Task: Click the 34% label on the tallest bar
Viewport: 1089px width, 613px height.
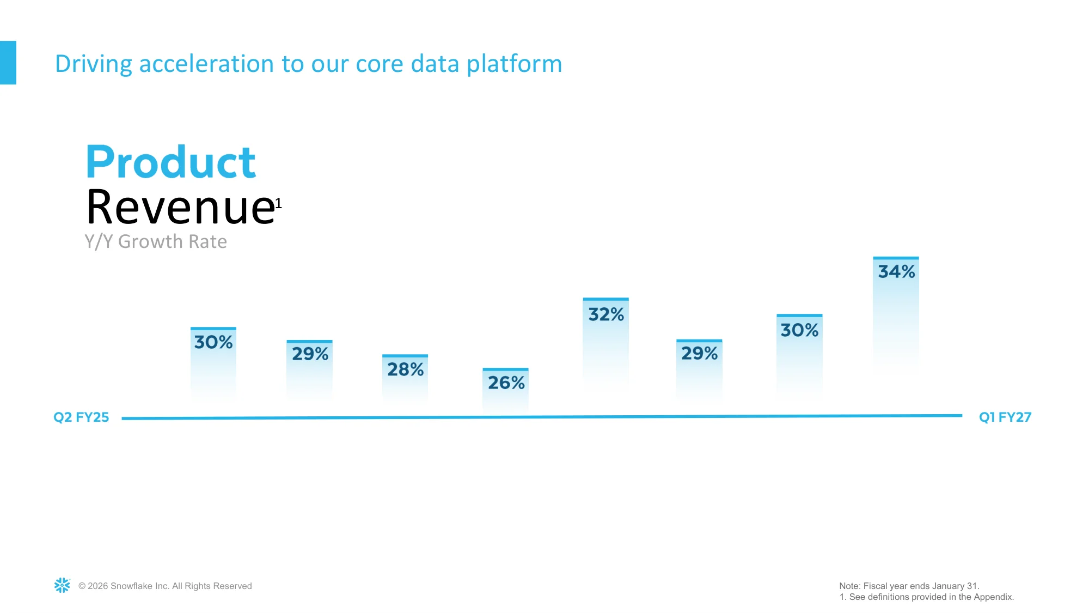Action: (x=896, y=271)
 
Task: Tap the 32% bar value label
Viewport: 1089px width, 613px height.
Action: (x=606, y=314)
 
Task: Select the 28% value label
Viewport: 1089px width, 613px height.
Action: (x=405, y=369)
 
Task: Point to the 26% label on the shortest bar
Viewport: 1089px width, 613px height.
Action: (x=506, y=383)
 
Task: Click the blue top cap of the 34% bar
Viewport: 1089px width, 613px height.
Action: (x=896, y=258)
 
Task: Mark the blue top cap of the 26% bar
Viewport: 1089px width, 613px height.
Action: (x=505, y=369)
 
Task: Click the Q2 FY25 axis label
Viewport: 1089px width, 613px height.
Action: (x=81, y=417)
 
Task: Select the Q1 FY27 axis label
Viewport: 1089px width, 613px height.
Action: (x=1005, y=417)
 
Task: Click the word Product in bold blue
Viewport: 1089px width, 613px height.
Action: (x=171, y=162)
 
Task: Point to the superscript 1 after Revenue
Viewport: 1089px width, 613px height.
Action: (x=279, y=203)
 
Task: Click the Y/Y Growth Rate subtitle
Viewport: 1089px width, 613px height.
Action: (x=156, y=241)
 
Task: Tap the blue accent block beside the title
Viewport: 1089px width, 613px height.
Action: (x=8, y=63)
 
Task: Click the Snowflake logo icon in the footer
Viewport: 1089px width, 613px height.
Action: (x=62, y=585)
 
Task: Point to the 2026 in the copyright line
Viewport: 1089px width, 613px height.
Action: (x=97, y=586)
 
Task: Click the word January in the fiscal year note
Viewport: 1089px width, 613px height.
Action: (x=948, y=586)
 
